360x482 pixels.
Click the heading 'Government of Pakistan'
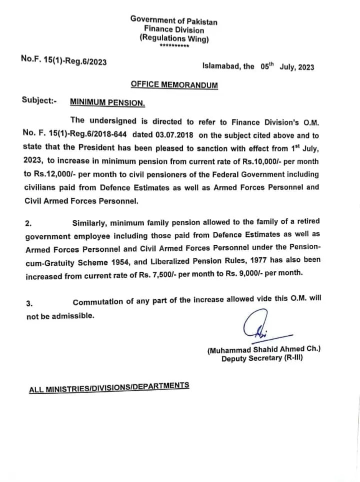click(173, 20)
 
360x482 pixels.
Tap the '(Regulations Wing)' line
click(173, 39)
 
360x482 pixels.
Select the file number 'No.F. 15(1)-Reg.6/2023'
click(63, 60)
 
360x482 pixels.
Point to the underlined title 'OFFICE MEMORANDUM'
click(174, 84)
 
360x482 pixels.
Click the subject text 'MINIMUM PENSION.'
click(107, 102)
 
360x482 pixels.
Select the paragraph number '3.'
click(29, 303)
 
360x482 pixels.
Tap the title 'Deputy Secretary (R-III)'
click(262, 359)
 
